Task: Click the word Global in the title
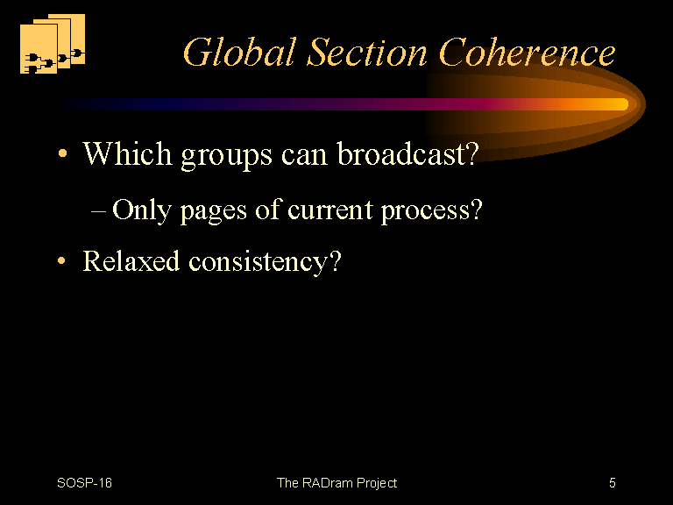pos(240,52)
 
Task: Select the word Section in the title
pos(367,52)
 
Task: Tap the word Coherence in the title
pos(527,52)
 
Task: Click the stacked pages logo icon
pos(53,43)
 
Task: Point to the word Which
pos(127,153)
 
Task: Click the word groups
pos(227,156)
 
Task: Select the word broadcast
pos(402,153)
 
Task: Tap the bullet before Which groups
pos(63,153)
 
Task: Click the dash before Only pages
pos(98,211)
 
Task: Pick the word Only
pos(142,210)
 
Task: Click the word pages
pos(213,213)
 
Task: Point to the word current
pos(329,210)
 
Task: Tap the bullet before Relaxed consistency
pos(62,260)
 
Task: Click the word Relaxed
pos(131,260)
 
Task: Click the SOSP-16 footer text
pos(84,483)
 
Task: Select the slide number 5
pos(613,483)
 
